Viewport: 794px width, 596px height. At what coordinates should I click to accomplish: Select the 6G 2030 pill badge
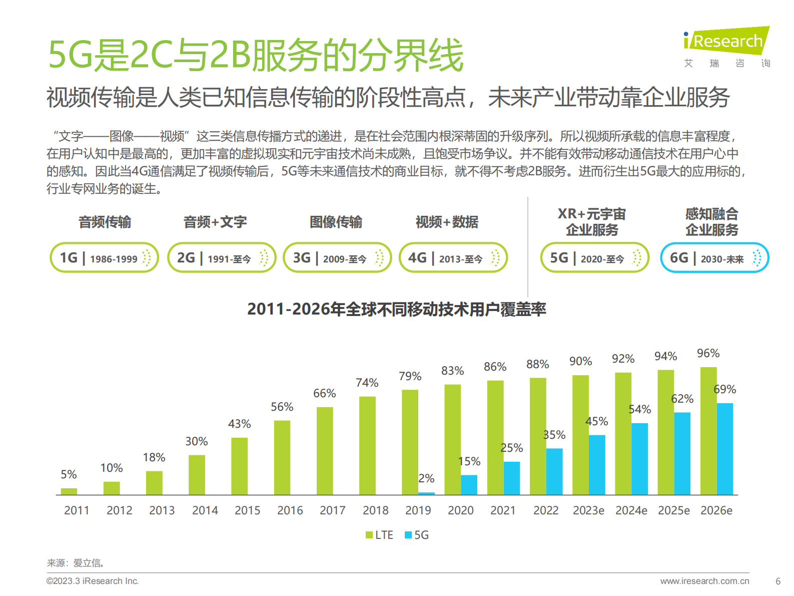(714, 258)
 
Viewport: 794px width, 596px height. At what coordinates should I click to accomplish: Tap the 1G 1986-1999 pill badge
(104, 258)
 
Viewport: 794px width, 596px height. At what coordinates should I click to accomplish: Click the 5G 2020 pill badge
(594, 258)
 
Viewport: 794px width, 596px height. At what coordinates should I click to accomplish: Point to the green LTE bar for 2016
(282, 457)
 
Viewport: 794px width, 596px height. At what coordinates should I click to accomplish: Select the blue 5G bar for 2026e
(724, 449)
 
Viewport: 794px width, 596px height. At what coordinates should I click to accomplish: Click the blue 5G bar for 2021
(511, 478)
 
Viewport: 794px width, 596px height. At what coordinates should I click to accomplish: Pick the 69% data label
(724, 389)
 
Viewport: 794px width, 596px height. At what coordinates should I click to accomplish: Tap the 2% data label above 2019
(426, 478)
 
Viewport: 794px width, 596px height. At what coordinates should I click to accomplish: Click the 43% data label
(239, 424)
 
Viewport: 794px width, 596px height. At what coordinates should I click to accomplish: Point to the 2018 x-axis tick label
(375, 510)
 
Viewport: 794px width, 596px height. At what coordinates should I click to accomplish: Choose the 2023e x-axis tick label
(588, 510)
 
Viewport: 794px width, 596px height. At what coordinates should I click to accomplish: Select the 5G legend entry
(417, 535)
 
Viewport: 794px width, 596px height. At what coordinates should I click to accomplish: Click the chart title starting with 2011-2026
(396, 309)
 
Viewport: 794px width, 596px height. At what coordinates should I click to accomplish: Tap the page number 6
(777, 581)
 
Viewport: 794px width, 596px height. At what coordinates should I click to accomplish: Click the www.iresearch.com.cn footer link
(704, 581)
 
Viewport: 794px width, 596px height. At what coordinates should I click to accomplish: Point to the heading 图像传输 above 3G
(336, 222)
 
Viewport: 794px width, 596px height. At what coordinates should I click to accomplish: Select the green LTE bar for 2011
(69, 491)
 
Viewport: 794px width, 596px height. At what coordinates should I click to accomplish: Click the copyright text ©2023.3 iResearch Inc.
(93, 581)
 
